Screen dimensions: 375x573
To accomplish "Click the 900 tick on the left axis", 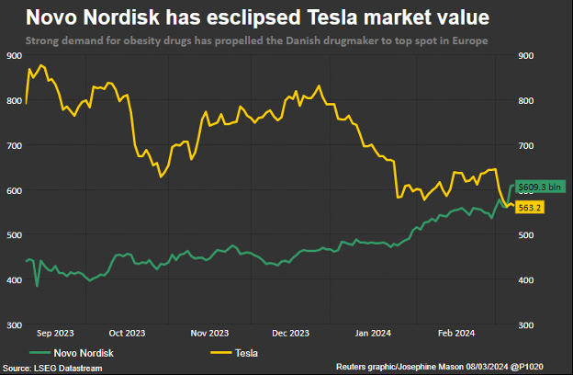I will click(x=14, y=57).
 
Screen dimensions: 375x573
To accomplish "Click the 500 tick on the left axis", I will click(x=14, y=235).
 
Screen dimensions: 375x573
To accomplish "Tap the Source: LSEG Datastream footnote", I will click(x=52, y=367).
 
